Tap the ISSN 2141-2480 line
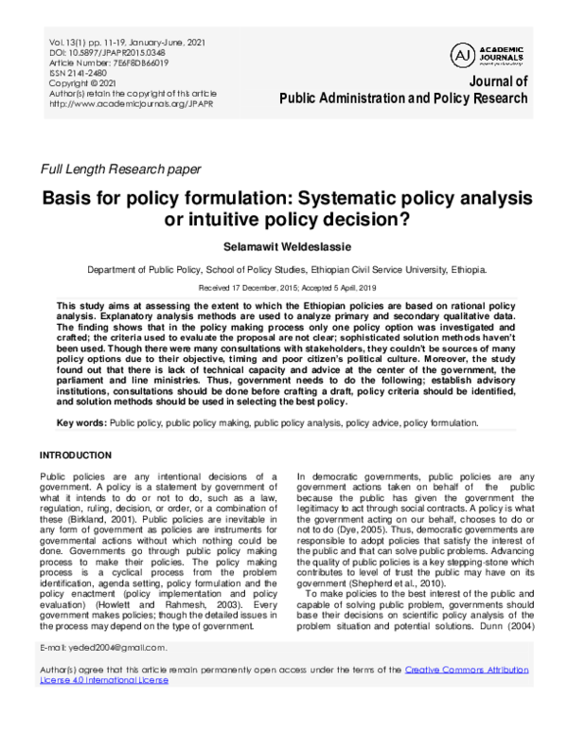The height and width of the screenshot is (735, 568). [79, 72]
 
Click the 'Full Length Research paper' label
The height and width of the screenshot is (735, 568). [119, 170]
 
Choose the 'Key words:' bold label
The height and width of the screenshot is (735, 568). [82, 421]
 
